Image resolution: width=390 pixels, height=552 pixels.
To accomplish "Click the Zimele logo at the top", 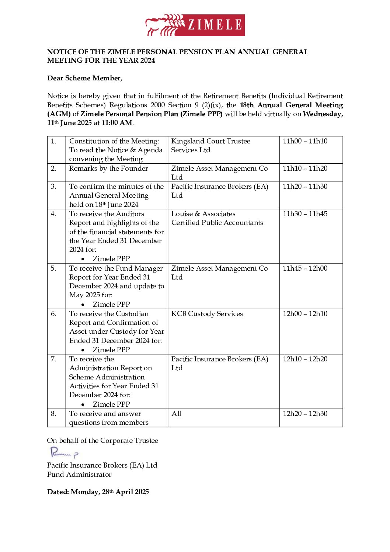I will tap(195, 25).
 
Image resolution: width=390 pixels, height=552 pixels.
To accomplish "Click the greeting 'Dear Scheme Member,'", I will tap(85, 78).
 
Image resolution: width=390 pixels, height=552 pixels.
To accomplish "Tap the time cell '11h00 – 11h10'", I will tap(305, 141).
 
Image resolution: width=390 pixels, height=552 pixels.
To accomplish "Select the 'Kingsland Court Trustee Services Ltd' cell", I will tap(210, 146).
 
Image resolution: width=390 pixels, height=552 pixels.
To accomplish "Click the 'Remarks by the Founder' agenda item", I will tap(108, 169).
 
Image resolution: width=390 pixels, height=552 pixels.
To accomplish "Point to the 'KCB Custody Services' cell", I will tap(207, 314).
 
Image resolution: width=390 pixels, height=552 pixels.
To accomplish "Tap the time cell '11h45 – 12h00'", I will tap(305, 268).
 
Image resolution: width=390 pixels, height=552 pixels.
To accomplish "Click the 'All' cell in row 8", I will tap(176, 414).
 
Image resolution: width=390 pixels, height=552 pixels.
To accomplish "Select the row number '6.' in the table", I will tap(53, 314).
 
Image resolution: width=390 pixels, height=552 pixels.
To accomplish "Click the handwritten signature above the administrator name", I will tap(64, 453).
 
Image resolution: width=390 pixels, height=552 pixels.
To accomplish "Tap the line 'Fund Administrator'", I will tap(79, 475).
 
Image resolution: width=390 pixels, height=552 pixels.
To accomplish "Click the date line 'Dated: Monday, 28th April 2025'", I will tap(98, 492).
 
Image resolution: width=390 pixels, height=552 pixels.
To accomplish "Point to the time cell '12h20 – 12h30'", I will tap(305, 414).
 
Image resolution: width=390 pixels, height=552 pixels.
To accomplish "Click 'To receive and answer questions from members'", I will tap(109, 418).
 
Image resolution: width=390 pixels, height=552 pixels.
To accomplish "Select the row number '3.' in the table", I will tap(53, 187).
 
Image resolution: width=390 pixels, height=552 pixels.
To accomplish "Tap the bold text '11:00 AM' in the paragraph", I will tap(116, 123).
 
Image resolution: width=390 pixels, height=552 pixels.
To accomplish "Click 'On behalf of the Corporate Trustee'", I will tap(102, 441).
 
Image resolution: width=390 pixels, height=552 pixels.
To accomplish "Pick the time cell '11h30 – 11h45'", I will tap(305, 214).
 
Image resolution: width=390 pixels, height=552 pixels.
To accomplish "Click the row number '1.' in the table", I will tap(53, 141).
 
